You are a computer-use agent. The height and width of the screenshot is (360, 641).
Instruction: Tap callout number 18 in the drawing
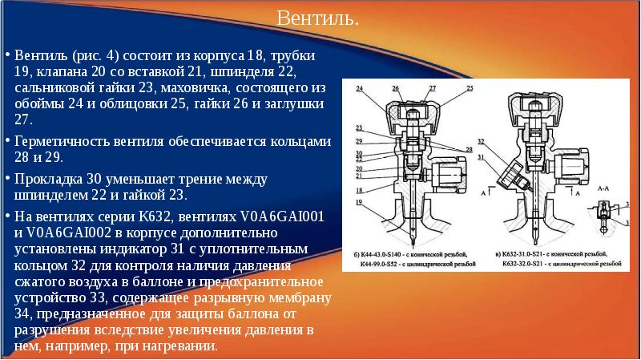click(360, 190)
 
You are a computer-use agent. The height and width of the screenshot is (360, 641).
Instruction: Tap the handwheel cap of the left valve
click(409, 108)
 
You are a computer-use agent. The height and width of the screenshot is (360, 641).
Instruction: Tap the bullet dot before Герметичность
click(8, 141)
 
